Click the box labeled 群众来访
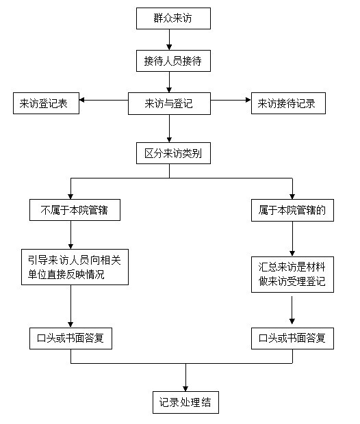point(173,18)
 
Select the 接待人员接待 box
point(173,61)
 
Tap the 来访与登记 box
point(169,103)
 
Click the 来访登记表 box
point(46,103)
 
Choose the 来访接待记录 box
point(288,103)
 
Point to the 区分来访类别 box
point(173,153)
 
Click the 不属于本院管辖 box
point(75,210)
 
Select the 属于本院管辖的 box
point(292,211)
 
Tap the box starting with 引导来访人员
point(75,267)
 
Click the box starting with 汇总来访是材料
point(292,274)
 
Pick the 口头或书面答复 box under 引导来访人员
point(70,339)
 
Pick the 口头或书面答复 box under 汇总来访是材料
point(292,339)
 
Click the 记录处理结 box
point(185,402)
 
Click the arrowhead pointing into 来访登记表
point(81,100)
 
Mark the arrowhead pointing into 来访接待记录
point(248,100)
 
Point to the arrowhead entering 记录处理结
point(185,389)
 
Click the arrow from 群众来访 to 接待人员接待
point(170,40)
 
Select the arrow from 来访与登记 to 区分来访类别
point(170,129)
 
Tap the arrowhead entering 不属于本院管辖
point(70,196)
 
